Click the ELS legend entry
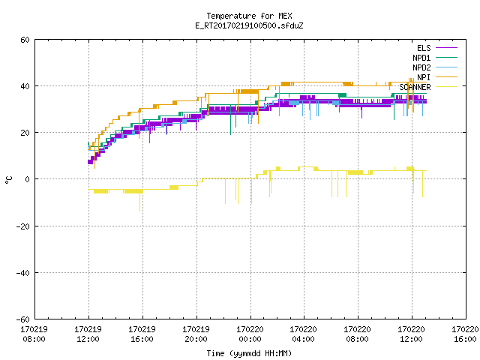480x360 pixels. (x=424, y=48)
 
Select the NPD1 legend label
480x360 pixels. (x=421, y=58)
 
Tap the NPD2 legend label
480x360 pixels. (x=421, y=67)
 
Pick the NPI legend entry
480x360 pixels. (x=424, y=77)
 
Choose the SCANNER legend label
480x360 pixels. (x=415, y=87)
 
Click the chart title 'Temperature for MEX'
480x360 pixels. (x=249, y=16)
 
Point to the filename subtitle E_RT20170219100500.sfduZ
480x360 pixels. (x=249, y=25)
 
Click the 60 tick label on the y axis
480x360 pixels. (x=25, y=40)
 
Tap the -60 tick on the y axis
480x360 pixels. (x=23, y=319)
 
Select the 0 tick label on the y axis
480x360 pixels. (x=28, y=179)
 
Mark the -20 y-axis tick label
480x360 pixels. (x=23, y=226)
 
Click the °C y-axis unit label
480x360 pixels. (x=8, y=180)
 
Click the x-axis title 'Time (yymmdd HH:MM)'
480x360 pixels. (x=249, y=353)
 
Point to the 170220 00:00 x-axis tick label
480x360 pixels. (x=250, y=334)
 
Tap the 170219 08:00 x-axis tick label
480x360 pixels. (x=34, y=334)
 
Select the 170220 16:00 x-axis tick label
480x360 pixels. (x=465, y=334)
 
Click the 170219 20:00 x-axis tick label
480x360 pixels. (x=196, y=334)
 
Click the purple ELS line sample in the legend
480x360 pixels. (x=447, y=48)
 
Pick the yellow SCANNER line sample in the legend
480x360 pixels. (x=447, y=87)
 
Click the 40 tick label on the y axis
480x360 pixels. (x=25, y=86)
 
